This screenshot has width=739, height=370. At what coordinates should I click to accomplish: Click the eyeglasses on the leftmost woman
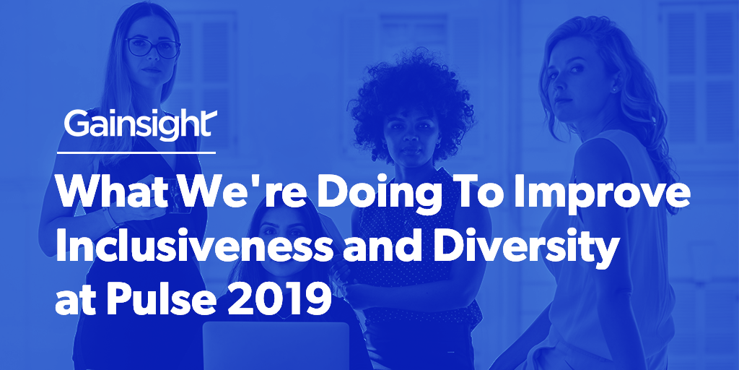point(153,48)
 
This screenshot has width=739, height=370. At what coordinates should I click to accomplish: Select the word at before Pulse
point(77,299)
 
